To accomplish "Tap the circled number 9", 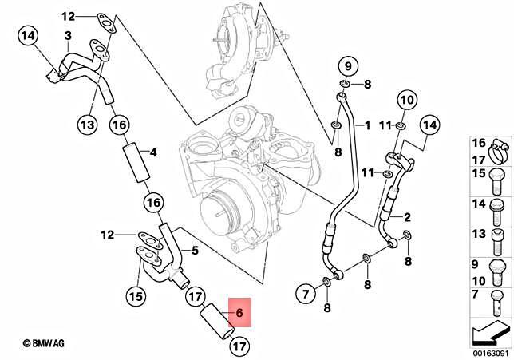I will (x=347, y=65).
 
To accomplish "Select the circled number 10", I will (x=405, y=100).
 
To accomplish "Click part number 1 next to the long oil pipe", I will (x=367, y=125).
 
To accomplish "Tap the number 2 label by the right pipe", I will (x=407, y=217).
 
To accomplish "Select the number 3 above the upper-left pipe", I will (x=68, y=36).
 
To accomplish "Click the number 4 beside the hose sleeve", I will (x=154, y=152).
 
